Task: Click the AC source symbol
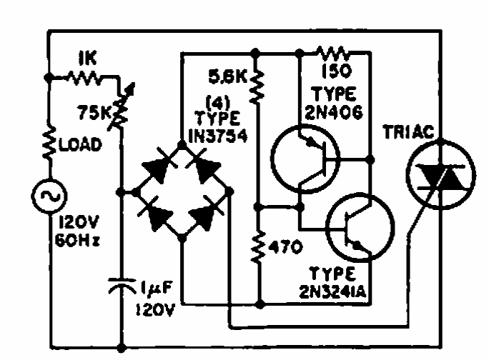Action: [49, 195]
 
